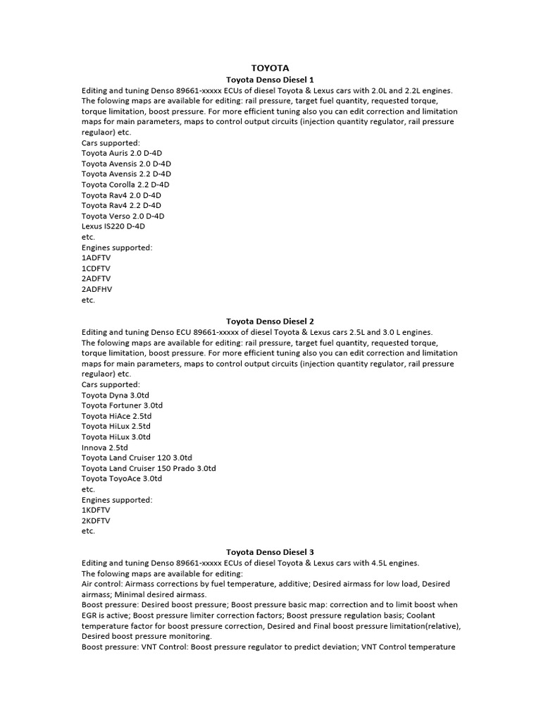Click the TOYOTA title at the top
pos(270,68)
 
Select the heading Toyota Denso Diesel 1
pos(270,80)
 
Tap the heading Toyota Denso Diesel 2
pos(270,321)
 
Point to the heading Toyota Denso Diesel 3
pos(270,551)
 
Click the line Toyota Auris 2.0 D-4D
pos(126,152)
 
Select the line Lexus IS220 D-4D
pos(113,226)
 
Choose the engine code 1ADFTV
pos(97,258)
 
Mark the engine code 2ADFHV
pos(97,289)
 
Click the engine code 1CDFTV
pos(97,269)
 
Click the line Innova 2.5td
pos(105,447)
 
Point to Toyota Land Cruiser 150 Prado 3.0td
pos(149,468)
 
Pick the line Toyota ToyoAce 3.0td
pos(122,478)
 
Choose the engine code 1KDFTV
pos(97,510)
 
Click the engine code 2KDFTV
pos(97,520)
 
